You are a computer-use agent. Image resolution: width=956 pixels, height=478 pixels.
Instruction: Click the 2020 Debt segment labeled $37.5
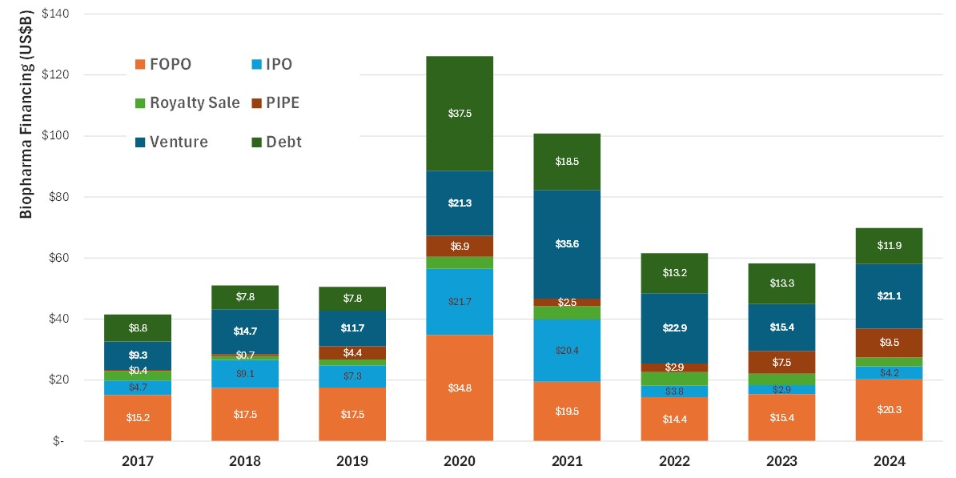point(460,114)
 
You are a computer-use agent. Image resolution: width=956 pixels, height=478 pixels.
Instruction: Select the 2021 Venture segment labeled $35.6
point(567,244)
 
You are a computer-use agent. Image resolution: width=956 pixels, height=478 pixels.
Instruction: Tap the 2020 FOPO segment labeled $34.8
point(460,388)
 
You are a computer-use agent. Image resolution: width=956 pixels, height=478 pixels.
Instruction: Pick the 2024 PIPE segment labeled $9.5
point(889,343)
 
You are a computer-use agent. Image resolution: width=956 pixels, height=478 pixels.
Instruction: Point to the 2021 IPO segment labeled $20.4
point(567,350)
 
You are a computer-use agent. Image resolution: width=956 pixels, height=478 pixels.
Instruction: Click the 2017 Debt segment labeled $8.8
point(138,327)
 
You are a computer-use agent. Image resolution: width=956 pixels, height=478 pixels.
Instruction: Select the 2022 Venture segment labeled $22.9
point(674,328)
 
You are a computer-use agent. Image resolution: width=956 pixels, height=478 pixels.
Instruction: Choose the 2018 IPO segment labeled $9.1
point(245,373)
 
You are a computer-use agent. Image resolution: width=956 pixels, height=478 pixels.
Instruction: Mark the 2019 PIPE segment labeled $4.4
point(352,352)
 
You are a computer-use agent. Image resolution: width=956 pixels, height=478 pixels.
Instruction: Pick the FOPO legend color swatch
point(140,64)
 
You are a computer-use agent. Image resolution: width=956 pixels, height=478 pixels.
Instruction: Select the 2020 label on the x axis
point(460,462)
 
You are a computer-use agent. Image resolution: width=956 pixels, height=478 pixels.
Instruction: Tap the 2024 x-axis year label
point(889,462)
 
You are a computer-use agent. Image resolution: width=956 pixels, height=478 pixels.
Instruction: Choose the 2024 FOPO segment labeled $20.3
point(889,410)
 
